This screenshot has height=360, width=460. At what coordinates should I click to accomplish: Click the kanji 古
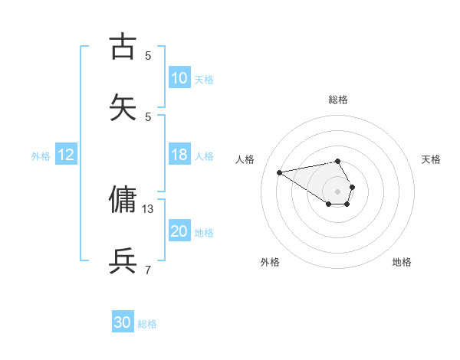click(x=123, y=47)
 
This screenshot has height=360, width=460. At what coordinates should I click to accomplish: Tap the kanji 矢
click(x=123, y=108)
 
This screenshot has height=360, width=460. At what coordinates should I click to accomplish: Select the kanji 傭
click(x=123, y=200)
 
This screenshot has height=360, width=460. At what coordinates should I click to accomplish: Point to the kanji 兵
click(x=123, y=261)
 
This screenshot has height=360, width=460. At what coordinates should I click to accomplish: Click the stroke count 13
click(x=148, y=208)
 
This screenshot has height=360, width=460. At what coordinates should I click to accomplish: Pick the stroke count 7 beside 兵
click(x=148, y=270)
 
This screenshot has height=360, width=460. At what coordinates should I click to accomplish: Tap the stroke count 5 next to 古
click(x=148, y=55)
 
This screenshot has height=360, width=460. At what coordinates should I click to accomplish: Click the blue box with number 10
click(x=179, y=78)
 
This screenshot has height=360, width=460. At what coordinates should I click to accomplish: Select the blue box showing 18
click(x=179, y=155)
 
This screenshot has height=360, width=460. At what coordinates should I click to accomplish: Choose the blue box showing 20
click(x=179, y=231)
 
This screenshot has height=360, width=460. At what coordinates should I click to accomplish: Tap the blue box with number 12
click(x=66, y=155)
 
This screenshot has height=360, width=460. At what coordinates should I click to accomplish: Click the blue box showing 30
click(x=123, y=322)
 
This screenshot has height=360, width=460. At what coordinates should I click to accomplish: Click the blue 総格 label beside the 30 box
click(x=147, y=324)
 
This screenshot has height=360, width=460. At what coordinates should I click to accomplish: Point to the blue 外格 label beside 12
click(x=41, y=155)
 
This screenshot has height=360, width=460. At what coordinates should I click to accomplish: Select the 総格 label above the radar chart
click(x=338, y=100)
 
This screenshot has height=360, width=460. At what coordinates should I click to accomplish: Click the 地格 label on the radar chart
click(x=402, y=262)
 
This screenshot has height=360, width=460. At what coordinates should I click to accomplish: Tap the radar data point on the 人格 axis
click(x=279, y=172)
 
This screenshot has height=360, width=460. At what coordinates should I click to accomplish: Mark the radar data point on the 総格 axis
click(x=338, y=161)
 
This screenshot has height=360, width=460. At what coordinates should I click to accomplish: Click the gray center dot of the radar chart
click(x=338, y=191)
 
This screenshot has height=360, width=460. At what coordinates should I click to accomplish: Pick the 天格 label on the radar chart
click(x=431, y=159)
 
